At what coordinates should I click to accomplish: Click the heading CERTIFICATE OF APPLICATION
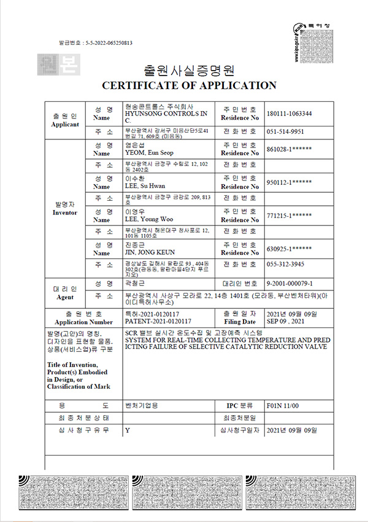tap(189, 85)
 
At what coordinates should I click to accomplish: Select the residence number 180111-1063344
tap(289, 114)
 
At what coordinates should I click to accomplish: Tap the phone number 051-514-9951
tap(286, 131)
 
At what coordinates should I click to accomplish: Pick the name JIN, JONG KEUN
tap(150, 252)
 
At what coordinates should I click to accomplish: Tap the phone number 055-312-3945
tap(286, 264)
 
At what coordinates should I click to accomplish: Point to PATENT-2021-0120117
tap(158, 321)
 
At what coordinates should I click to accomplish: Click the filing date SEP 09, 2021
tap(288, 321)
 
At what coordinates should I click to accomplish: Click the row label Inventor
tap(65, 212)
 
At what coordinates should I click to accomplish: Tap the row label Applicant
tap(65, 124)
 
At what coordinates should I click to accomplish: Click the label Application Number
tap(83, 322)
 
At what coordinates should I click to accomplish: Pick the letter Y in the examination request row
tap(127, 430)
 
